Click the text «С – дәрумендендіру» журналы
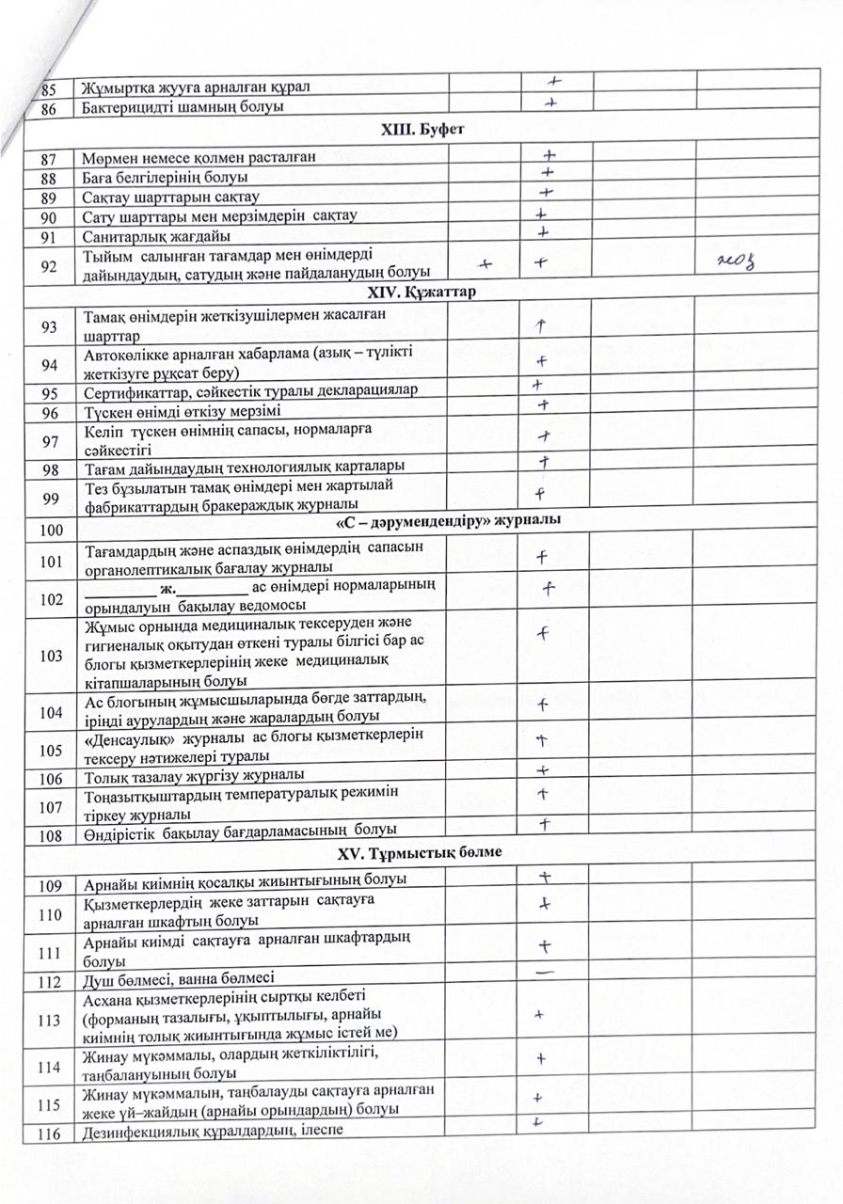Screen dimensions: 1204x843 coord(450,521)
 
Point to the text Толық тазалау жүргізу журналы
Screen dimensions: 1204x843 coord(193,776)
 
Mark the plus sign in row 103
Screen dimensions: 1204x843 coord(543,633)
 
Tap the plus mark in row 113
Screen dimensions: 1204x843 coord(540,1014)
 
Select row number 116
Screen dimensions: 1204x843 coord(49,1132)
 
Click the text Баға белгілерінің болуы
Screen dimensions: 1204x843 coord(166,178)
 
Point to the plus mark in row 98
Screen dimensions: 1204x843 coord(543,462)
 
